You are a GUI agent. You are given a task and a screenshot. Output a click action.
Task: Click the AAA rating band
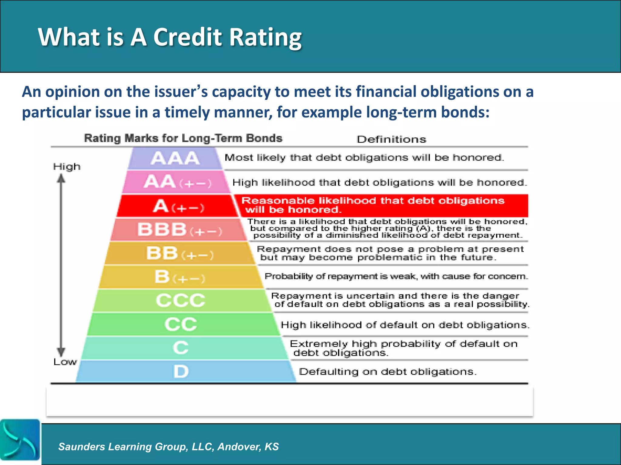pyautogui.click(x=175, y=158)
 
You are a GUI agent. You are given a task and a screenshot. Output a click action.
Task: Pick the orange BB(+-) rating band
pyautogui.click(x=180, y=253)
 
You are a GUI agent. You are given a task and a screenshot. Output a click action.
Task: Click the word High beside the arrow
pyautogui.click(x=67, y=167)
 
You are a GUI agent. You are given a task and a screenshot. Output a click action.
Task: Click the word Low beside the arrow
pyautogui.click(x=65, y=362)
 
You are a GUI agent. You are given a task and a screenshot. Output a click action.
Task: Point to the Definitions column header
pyautogui.click(x=391, y=139)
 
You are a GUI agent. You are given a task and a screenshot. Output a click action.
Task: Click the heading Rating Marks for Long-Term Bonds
pyautogui.click(x=183, y=138)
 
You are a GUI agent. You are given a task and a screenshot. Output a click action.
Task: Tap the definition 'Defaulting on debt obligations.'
pyautogui.click(x=388, y=372)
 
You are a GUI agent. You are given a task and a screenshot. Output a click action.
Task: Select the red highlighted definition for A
pyautogui.click(x=381, y=205)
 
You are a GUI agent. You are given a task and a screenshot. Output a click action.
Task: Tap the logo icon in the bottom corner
pyautogui.click(x=20, y=440)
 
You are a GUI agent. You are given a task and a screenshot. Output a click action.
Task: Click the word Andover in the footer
pyautogui.click(x=239, y=447)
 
